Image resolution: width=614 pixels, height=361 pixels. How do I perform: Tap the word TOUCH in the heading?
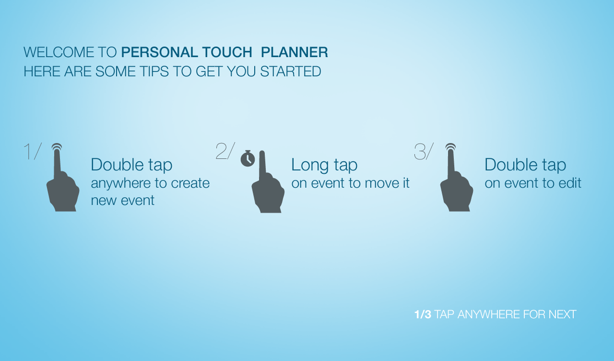tap(227, 52)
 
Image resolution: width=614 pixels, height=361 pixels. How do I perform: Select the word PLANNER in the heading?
tap(295, 52)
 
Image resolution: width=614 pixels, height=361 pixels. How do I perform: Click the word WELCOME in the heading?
tap(59, 52)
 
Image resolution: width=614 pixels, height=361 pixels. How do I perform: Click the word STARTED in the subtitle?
tap(291, 72)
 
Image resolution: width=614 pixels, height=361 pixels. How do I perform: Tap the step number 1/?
tap(33, 151)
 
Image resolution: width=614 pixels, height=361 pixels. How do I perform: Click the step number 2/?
tap(225, 151)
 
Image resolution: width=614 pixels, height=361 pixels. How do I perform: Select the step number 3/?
tap(424, 151)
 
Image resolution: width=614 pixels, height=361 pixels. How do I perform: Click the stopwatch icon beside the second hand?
tap(248, 158)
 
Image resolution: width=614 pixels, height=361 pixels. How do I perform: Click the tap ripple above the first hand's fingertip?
tap(57, 146)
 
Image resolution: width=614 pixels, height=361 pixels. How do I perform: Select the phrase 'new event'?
tap(122, 200)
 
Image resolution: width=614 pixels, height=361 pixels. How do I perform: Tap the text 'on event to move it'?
tap(350, 183)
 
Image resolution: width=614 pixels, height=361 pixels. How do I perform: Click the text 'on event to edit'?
tap(533, 183)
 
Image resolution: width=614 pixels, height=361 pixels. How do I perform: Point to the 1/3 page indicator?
tap(423, 314)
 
